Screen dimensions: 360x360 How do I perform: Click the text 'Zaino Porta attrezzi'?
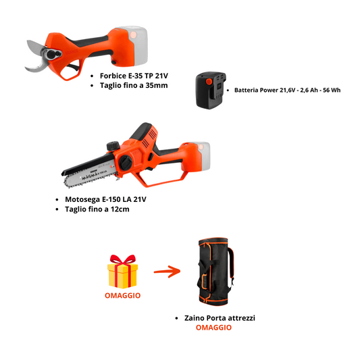220,317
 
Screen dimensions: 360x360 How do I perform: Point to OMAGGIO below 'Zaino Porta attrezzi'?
213,328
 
